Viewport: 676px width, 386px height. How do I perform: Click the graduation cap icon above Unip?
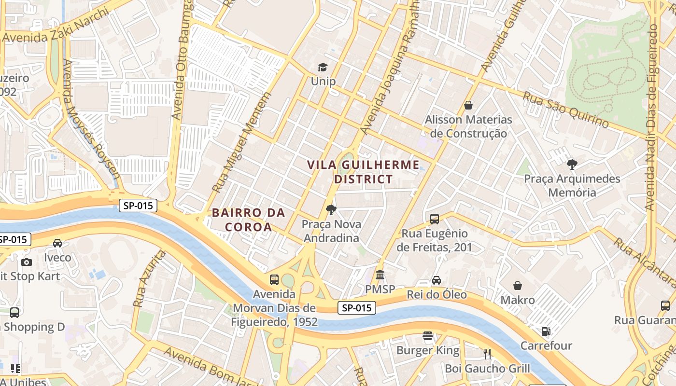tap(323, 67)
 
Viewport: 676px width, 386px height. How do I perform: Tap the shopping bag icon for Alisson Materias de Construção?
tap(468, 105)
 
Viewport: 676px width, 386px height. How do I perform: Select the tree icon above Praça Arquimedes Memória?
tap(572, 165)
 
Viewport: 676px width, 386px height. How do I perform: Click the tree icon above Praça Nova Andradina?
tap(331, 210)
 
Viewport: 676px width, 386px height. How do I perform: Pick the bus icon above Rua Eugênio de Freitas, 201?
tap(435, 219)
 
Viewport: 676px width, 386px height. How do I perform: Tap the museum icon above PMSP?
tap(380, 275)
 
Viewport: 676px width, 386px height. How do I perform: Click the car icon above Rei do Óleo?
tap(437, 280)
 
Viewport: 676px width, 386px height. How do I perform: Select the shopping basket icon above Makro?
tap(518, 286)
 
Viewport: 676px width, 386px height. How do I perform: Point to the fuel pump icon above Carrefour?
tap(546, 331)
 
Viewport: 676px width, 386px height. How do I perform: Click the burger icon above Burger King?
tap(427, 335)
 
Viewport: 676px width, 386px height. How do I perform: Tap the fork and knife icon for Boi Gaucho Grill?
tap(487, 354)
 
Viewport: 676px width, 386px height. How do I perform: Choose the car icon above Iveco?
tap(57, 243)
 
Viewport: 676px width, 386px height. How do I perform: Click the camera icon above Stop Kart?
tap(27, 262)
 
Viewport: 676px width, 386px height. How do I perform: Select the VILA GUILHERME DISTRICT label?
tap(364, 172)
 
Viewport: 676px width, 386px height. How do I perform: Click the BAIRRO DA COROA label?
tap(248, 220)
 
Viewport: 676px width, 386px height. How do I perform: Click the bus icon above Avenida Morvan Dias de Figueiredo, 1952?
tap(274, 279)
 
